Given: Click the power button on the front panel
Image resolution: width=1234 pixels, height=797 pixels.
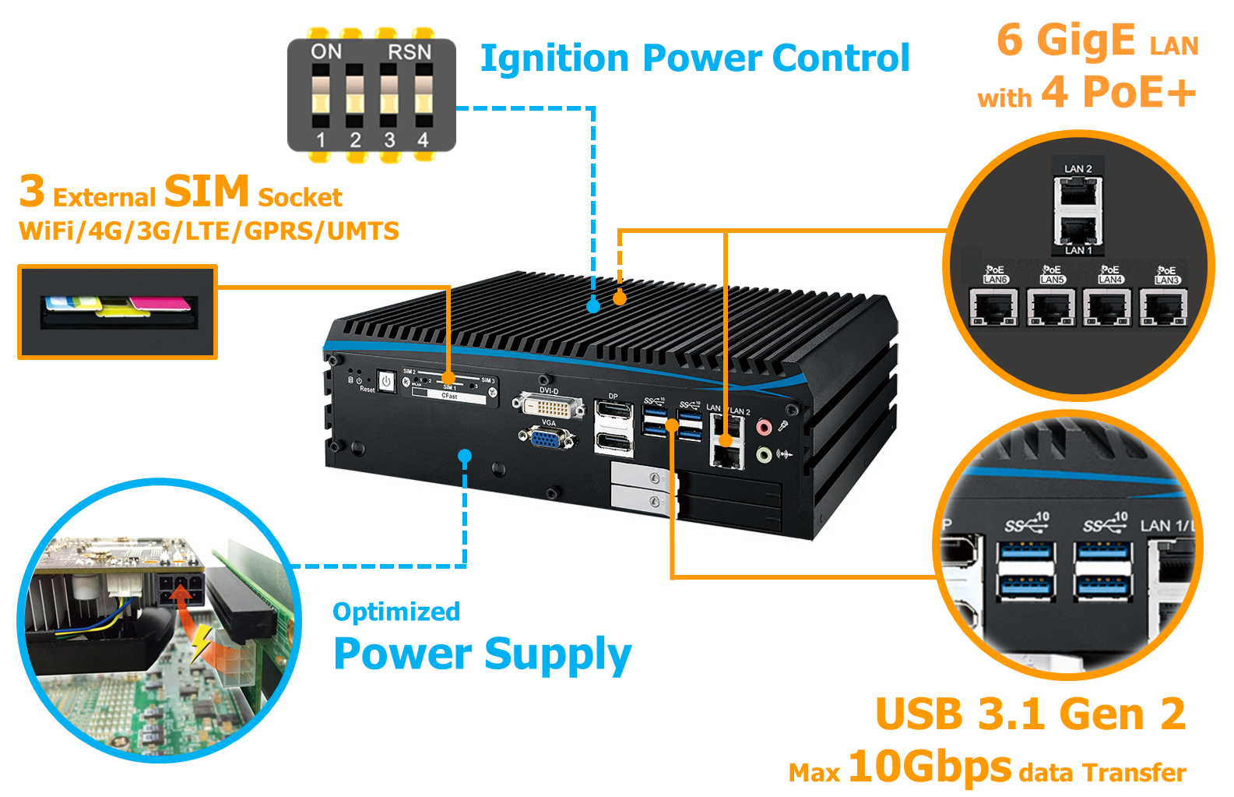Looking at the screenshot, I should (386, 381).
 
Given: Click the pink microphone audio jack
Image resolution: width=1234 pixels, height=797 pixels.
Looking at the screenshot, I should (764, 426).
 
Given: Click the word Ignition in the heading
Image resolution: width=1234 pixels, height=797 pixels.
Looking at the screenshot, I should (554, 59).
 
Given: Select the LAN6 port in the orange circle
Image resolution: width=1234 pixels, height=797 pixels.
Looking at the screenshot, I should (993, 308).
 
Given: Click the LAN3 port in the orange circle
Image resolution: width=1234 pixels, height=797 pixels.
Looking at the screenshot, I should (1163, 308).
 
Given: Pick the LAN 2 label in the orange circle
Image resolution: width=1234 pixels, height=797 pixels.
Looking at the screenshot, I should (1078, 169).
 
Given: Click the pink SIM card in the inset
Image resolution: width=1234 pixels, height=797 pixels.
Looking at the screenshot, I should (159, 302).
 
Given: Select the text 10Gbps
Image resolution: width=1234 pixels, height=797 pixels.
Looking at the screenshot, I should (930, 767).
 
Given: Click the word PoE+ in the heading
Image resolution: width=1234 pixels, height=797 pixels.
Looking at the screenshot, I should (1139, 93).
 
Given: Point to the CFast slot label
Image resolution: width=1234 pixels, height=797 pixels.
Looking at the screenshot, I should (449, 397).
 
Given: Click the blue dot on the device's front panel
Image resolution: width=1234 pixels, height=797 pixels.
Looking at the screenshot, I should (465, 456).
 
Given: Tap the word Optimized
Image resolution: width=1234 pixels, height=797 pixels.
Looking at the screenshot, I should (396, 612).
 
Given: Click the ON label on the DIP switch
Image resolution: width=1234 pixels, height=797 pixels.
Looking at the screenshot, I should (326, 52).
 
